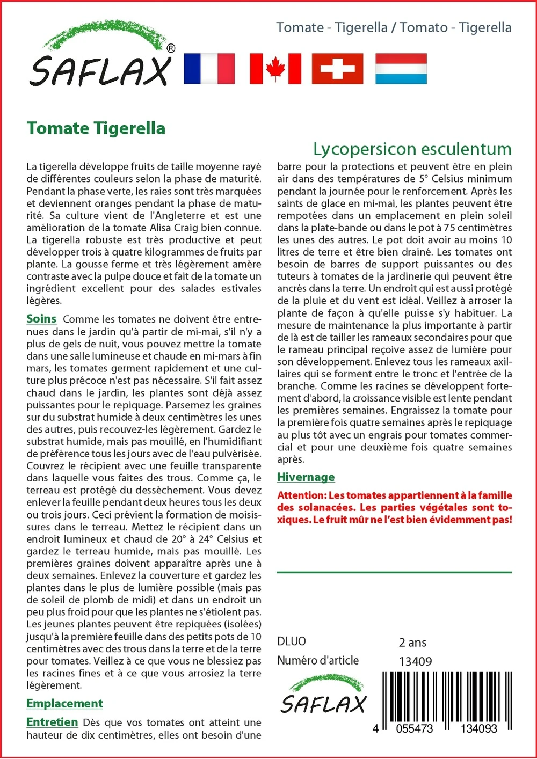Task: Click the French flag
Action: click(x=209, y=69)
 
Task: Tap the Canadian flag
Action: click(x=275, y=69)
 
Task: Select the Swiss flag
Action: click(x=337, y=69)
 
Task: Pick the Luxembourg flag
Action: click(x=401, y=69)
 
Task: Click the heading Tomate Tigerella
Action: click(x=96, y=128)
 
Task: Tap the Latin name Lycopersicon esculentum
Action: click(x=412, y=149)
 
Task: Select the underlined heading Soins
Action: click(x=41, y=319)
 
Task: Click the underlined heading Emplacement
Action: click(x=64, y=703)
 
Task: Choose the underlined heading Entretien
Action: click(x=52, y=722)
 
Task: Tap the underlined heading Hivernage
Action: click(x=306, y=477)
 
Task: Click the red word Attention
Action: click(x=301, y=495)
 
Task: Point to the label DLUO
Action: click(x=292, y=641)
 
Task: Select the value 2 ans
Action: click(x=412, y=643)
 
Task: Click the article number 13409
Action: click(x=415, y=661)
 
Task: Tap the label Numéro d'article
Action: click(x=318, y=661)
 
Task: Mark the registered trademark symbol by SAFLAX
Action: click(x=171, y=48)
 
